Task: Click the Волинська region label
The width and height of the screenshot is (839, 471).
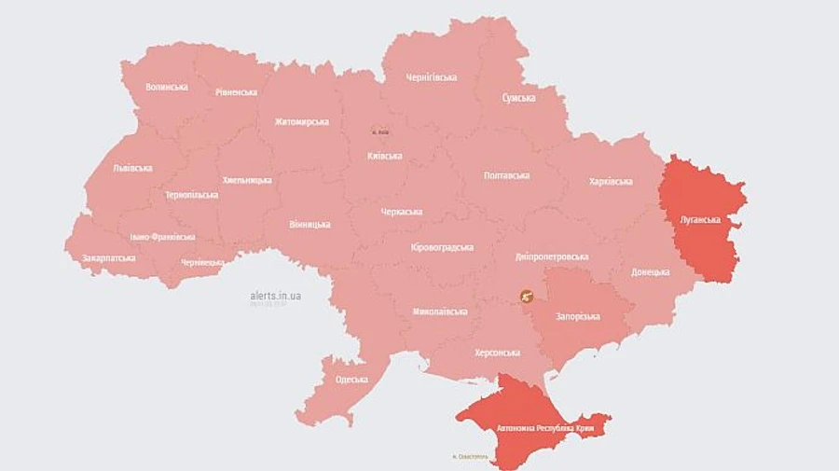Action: (x=166, y=87)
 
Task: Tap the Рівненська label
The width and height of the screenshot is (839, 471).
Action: (x=236, y=92)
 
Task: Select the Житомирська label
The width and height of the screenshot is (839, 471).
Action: (x=302, y=122)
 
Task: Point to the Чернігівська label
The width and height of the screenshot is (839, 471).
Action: (x=431, y=77)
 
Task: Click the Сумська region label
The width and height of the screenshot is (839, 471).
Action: (x=518, y=98)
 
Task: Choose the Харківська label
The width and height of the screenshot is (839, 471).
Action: (x=611, y=181)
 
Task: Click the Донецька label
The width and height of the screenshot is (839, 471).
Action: (x=650, y=271)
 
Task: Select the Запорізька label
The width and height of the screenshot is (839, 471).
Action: (x=579, y=316)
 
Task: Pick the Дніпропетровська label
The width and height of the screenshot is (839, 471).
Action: (x=551, y=256)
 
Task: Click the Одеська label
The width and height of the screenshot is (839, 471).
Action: (x=351, y=380)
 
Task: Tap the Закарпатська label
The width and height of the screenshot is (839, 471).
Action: (x=109, y=257)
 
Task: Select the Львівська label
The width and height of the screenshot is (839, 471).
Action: (x=132, y=169)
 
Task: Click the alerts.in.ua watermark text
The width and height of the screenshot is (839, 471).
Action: (x=275, y=296)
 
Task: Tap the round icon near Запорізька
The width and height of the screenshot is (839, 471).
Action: (x=528, y=298)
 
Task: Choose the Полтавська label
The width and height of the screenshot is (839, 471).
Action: (x=507, y=175)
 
